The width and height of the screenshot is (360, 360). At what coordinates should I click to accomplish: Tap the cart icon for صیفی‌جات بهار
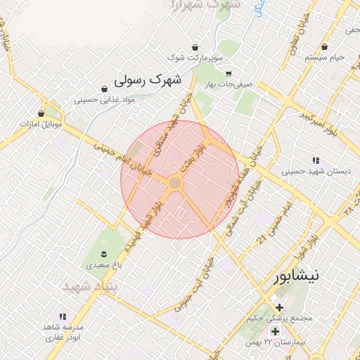tap(228, 73)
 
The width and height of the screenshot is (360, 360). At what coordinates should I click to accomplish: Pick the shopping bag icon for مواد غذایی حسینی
tap(104, 89)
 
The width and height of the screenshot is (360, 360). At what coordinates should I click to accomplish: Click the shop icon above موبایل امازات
tap(41, 112)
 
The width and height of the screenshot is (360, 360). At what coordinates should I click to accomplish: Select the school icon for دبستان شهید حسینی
tap(315, 160)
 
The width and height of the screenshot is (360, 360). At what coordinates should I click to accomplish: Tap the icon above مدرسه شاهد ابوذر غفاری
tap(63, 317)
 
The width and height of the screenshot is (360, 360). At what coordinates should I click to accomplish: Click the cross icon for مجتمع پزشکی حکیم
tap(280, 307)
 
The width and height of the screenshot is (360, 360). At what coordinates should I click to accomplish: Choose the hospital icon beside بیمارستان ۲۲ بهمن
tap(274, 330)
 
